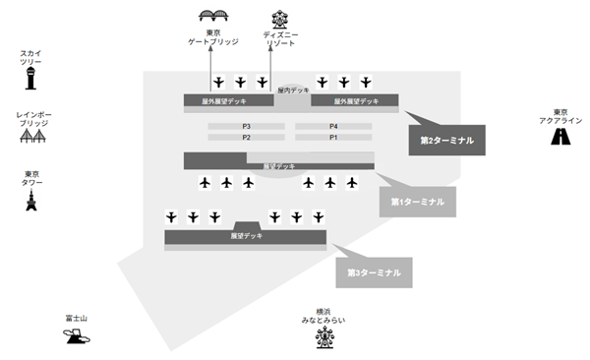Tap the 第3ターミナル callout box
pos(374,271)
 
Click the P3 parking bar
pos(248,127)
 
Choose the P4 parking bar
pos(333,127)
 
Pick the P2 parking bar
pos(248,138)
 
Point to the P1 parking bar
pos(333,138)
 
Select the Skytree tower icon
pos(30,78)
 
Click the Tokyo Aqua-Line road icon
pos(560,136)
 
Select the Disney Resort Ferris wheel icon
pos(280,19)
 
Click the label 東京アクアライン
pos(560,116)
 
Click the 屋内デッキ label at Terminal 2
pos(293,90)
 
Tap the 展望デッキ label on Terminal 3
pos(246,236)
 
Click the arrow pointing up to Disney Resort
pos(269,69)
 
